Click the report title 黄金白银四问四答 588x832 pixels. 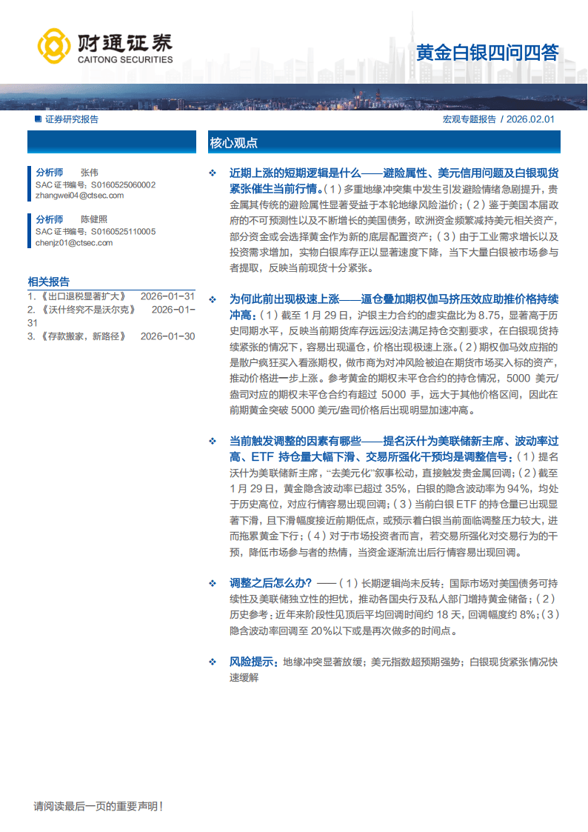(x=487, y=53)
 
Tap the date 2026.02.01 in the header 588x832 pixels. (x=532, y=119)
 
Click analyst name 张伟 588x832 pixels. (x=90, y=172)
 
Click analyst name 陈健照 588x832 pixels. (x=94, y=219)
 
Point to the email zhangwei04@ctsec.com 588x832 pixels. (x=79, y=196)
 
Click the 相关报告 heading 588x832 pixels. (x=49, y=282)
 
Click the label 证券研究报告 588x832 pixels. (x=71, y=119)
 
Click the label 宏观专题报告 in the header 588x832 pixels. (x=470, y=119)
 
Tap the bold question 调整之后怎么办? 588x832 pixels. (x=270, y=582)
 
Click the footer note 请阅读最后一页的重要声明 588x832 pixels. (x=98, y=805)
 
